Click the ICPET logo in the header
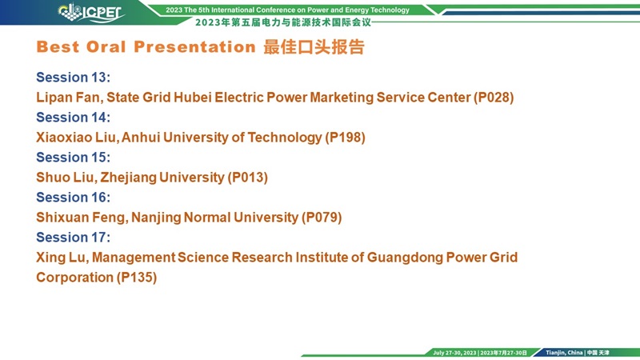[91, 13]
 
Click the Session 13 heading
[73, 77]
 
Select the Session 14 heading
[73, 117]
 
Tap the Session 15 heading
[73, 157]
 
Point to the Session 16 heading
[73, 197]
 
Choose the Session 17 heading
[73, 237]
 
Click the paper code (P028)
[494, 98]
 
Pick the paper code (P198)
[346, 138]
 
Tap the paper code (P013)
[248, 178]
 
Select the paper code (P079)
[322, 218]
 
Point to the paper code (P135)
[137, 278]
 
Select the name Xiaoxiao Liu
[78, 138]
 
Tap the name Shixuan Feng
[82, 218]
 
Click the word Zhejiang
[129, 178]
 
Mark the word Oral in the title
[106, 47]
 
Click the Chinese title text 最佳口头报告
[314, 47]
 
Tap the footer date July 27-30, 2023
[454, 353]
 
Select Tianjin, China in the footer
[564, 353]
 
